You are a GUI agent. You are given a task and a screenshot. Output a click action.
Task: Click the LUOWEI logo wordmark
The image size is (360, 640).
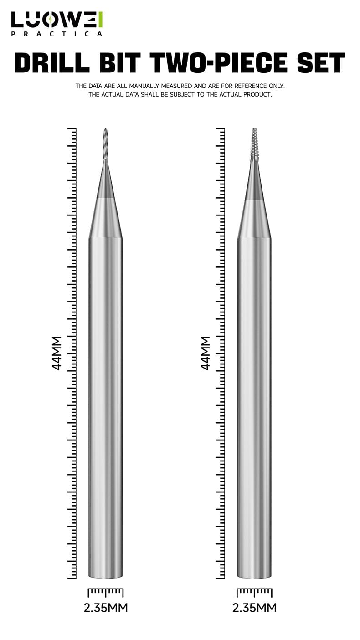(57, 20)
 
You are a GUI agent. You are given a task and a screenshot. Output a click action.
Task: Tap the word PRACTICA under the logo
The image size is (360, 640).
(57, 34)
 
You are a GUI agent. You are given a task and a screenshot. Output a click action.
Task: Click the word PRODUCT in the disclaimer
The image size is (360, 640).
(257, 95)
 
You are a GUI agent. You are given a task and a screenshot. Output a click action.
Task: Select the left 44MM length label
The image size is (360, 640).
(57, 353)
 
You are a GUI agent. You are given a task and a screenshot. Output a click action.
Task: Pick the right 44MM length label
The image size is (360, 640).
(206, 353)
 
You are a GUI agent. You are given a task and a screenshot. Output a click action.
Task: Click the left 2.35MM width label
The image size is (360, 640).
(106, 608)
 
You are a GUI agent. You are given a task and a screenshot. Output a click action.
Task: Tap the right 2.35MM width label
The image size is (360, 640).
(254, 608)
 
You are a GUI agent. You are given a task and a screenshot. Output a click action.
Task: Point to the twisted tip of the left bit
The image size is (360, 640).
(106, 143)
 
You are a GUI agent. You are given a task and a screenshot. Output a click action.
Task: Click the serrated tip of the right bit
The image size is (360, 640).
(254, 144)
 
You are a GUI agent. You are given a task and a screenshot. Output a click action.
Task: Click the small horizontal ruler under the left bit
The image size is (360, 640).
(106, 592)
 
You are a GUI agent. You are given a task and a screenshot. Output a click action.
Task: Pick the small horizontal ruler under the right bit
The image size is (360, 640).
(254, 592)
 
